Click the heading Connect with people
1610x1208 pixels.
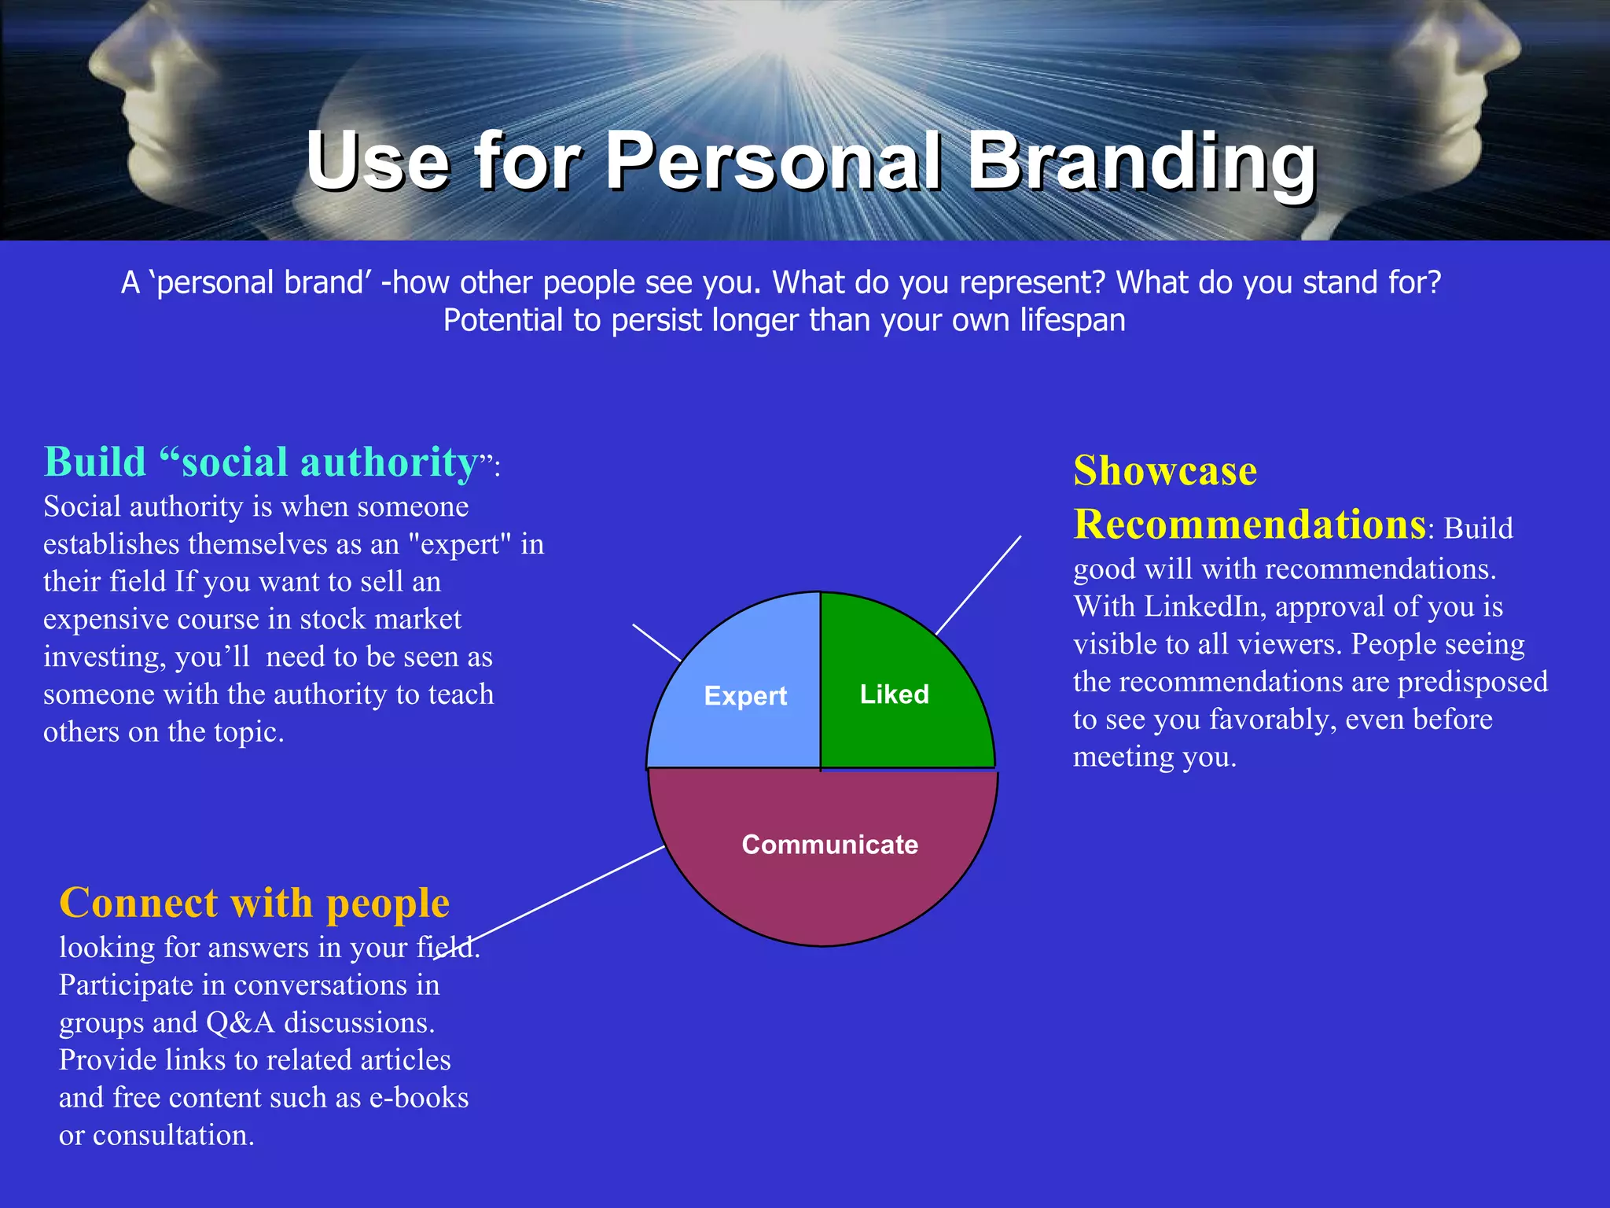tap(254, 903)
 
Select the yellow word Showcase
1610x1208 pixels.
tap(1165, 471)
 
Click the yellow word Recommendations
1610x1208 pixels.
tap(1249, 525)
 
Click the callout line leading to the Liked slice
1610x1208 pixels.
tap(979, 585)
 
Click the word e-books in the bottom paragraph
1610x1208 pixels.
tap(419, 1098)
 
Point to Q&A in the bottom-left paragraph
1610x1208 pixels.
tap(240, 1022)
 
